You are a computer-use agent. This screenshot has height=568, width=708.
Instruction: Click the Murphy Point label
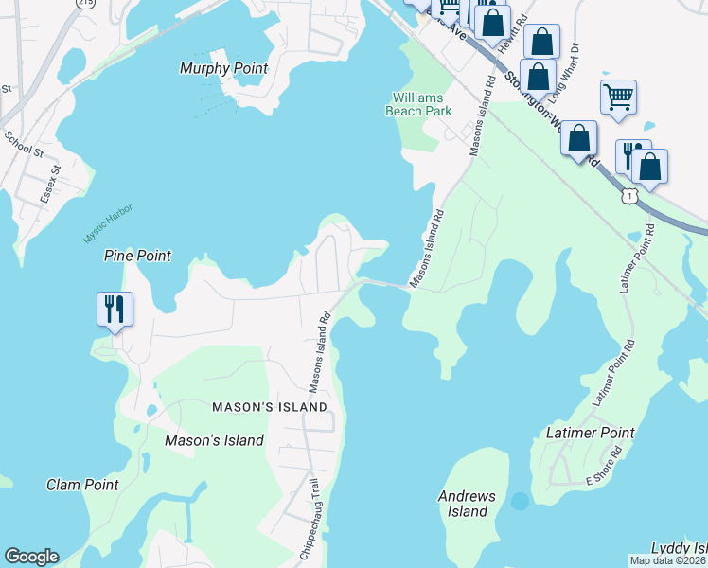coord(223,69)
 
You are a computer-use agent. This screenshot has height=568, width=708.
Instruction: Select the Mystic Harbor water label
coord(107,222)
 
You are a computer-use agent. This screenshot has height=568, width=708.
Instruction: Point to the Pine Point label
coord(137,256)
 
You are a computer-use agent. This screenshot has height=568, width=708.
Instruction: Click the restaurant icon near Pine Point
coord(115,309)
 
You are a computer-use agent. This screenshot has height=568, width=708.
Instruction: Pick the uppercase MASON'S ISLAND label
coord(270,407)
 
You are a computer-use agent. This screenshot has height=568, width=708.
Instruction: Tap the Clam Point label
coord(82,485)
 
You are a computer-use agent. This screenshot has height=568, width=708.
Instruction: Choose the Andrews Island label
coord(467,504)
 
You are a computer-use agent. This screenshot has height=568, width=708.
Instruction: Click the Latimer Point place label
coord(591,433)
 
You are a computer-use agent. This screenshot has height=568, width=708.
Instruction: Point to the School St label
coord(24,145)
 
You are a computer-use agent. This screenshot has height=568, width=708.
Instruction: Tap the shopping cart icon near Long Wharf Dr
coord(618,96)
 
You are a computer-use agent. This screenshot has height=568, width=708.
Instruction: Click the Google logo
coord(31,557)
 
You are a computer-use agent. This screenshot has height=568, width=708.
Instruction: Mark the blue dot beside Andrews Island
coord(519,500)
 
